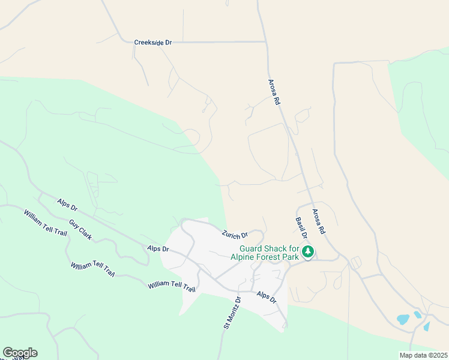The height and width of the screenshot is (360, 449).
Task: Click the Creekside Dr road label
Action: [152, 43]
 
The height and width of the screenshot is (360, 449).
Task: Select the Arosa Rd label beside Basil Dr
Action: [318, 221]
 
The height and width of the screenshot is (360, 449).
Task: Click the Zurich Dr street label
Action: [235, 235]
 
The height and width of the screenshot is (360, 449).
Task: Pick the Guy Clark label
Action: [80, 230]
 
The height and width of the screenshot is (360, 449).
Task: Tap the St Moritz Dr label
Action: [232, 312]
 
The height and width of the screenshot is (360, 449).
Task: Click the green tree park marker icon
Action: [308, 252]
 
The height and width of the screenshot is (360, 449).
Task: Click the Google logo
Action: [20, 353]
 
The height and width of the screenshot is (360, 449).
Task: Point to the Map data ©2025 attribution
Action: [423, 355]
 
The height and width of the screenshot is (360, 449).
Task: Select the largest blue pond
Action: [403, 319]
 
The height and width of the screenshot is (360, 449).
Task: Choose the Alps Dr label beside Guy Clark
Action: [67, 205]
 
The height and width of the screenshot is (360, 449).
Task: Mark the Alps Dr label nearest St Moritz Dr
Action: [266, 297]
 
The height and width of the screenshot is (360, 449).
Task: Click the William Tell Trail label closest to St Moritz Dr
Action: [172, 286]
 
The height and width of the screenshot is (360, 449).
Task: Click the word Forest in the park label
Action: [268, 257]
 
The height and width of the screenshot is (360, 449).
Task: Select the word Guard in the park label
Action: [252, 248]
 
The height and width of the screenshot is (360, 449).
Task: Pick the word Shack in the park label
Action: [279, 248]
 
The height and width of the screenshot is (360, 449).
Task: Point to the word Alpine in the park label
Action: [243, 257]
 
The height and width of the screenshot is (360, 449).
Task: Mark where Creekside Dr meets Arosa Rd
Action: [266, 42]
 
